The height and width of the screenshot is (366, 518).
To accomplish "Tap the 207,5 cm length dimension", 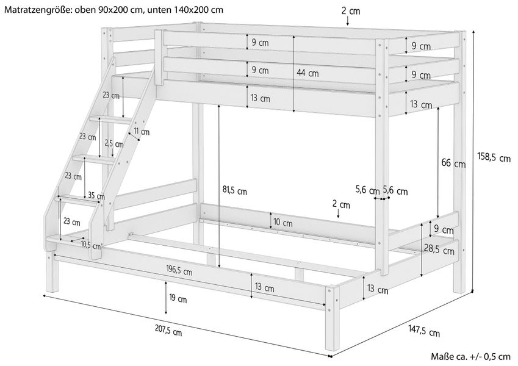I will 168,332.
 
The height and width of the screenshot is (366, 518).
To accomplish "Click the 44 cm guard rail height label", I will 308,73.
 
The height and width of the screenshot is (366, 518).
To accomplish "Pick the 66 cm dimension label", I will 453,163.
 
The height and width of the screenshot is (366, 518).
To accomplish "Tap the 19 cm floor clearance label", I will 178,299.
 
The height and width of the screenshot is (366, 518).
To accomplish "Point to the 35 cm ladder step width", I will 95,196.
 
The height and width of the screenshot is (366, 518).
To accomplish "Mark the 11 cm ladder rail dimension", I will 141,132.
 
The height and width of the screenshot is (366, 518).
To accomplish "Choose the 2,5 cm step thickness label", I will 113,143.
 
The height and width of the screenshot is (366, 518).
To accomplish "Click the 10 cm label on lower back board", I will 282,223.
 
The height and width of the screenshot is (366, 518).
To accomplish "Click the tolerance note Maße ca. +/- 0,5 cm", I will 470,357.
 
